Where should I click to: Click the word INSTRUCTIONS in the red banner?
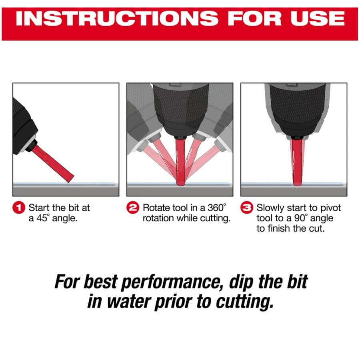pos(117,18)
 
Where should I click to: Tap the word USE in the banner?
pos(318,18)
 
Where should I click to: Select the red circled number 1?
pos(19,208)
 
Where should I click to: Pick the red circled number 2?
pos(133,208)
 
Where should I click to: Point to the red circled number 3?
pos(247,208)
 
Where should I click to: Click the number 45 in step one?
pos(42,218)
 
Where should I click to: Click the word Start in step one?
pos(39,208)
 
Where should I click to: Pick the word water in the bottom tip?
pos(128,302)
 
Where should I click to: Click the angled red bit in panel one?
pos(52,164)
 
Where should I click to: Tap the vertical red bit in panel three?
pos(297,162)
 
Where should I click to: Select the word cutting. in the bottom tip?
pos(245,302)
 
